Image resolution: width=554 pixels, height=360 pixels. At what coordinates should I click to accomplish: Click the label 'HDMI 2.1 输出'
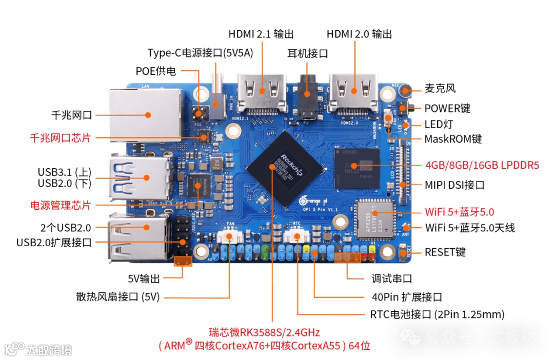261,34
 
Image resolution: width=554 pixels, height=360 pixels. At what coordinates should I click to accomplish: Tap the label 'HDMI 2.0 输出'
359,34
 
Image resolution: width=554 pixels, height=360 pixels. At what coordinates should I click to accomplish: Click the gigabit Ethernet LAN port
146,115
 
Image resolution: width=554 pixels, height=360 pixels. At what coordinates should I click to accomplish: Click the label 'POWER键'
447,108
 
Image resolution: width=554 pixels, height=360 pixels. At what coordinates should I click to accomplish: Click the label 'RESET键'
445,252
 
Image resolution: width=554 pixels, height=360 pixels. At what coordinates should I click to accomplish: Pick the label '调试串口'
391,279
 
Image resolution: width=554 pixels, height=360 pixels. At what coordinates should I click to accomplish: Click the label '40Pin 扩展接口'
406,297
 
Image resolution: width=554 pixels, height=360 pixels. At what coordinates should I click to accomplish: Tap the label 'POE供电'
155,71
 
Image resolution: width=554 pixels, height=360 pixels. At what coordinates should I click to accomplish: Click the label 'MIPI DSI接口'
454,185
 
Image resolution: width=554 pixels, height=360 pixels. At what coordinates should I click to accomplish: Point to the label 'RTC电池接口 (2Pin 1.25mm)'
437,314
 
